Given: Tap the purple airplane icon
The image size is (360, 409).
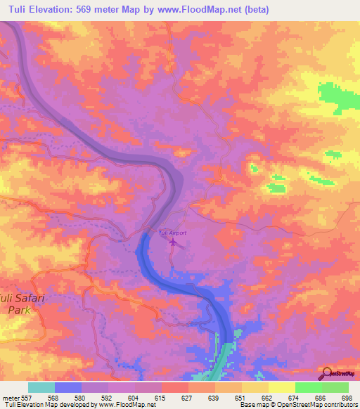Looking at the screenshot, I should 173,242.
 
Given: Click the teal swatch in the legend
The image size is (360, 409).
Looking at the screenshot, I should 41,387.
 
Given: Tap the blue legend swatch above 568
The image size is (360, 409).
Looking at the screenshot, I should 67,387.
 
